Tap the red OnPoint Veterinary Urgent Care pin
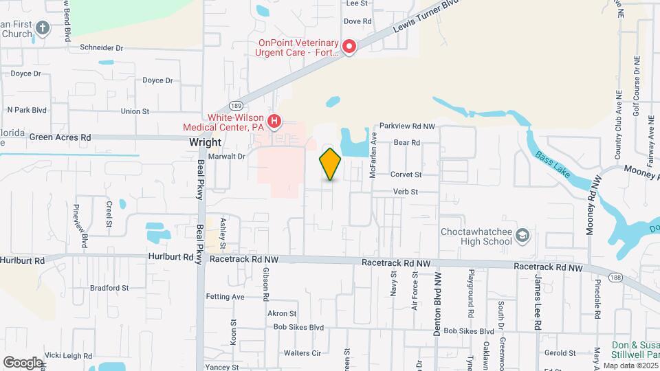tap(349, 47)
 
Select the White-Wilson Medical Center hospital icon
tap(274, 122)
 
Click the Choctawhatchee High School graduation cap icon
tap(522, 235)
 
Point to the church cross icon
tap(43, 28)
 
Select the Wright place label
tap(205, 143)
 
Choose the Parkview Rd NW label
tap(408, 126)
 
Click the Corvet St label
tap(405, 175)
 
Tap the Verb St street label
tap(405, 192)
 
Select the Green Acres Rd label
tap(60, 137)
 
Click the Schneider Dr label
tap(101, 48)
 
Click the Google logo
tap(23, 362)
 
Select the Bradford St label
tap(109, 288)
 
